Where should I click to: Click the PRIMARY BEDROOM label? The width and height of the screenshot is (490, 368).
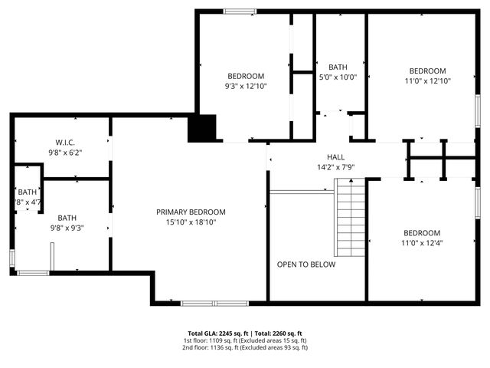click(x=191, y=212)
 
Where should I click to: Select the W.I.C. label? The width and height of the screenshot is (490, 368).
click(x=64, y=143)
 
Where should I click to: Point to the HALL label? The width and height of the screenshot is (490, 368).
click(x=336, y=156)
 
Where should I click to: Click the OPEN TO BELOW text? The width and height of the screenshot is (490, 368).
click(x=306, y=264)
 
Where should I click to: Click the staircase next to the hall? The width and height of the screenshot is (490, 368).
click(x=351, y=219)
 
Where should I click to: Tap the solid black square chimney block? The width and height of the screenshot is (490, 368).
click(x=203, y=128)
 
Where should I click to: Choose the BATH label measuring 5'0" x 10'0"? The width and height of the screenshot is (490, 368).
click(x=338, y=67)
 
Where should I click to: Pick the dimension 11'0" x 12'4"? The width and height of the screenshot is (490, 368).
click(x=422, y=243)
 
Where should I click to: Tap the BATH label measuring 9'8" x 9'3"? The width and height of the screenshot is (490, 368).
click(x=67, y=218)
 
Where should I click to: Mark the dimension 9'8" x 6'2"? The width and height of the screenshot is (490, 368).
click(x=64, y=153)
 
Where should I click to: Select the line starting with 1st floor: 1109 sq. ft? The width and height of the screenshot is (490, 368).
click(x=245, y=340)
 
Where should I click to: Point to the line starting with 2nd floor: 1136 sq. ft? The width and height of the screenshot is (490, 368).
click(x=245, y=347)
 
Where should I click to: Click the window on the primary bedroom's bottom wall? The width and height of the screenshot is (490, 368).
click(x=214, y=304)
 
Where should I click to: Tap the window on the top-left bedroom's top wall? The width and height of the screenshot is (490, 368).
click(x=240, y=11)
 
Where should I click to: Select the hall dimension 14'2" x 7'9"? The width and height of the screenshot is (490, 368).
click(x=336, y=166)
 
